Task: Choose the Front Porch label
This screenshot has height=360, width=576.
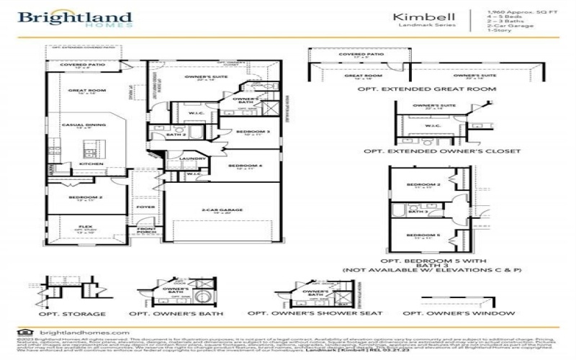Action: [147, 232]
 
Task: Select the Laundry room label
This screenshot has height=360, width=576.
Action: [189, 158]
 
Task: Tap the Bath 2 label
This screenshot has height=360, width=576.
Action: [177, 135]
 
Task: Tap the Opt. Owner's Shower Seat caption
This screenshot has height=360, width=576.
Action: [305, 314]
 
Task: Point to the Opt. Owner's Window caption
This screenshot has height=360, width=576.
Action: [459, 314]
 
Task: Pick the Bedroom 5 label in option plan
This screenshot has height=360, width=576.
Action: [423, 235]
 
